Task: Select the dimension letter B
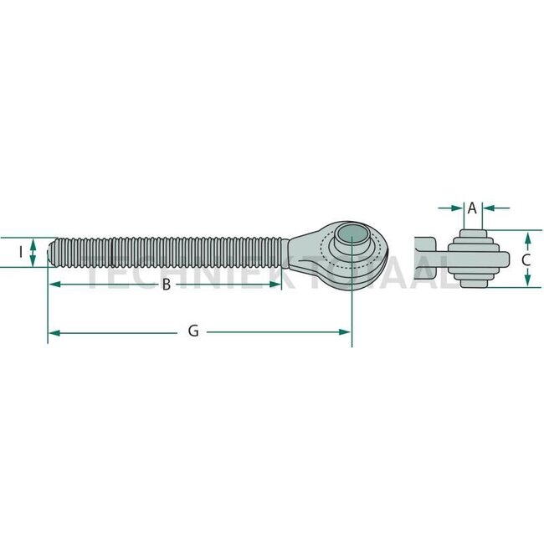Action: tap(166, 285)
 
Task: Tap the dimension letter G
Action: tap(193, 331)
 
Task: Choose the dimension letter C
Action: tap(526, 259)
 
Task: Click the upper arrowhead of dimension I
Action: tap(33, 241)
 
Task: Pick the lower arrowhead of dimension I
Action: tap(33, 262)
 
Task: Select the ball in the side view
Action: tap(473, 259)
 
